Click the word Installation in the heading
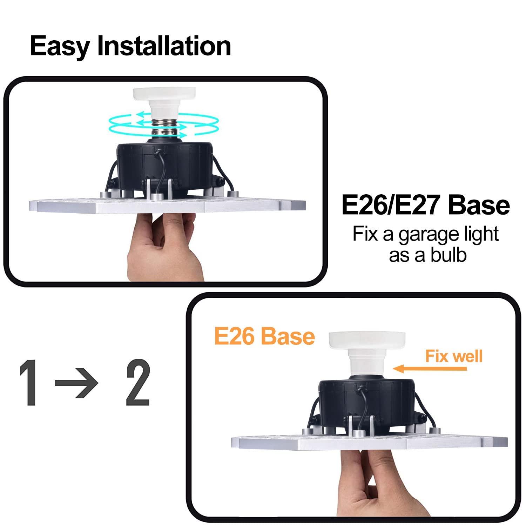(164, 46)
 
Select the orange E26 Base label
(264, 337)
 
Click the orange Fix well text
(454, 356)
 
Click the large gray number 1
(29, 383)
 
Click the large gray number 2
(138, 383)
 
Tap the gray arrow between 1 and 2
(76, 383)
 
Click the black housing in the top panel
(165, 165)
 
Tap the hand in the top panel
(165, 245)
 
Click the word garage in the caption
(425, 234)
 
